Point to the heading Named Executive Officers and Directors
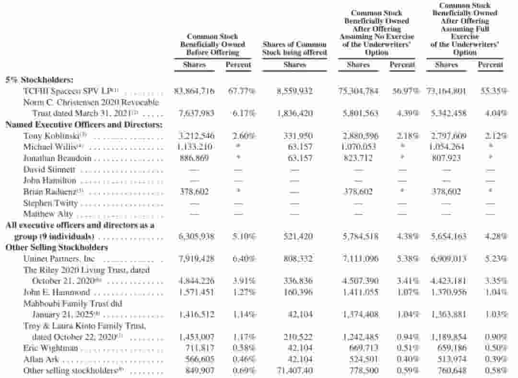83,124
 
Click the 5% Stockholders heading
39,80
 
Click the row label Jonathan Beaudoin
57,158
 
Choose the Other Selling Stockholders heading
57,248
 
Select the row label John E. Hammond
57,292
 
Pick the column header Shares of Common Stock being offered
294,48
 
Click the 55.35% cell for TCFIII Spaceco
494,91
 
